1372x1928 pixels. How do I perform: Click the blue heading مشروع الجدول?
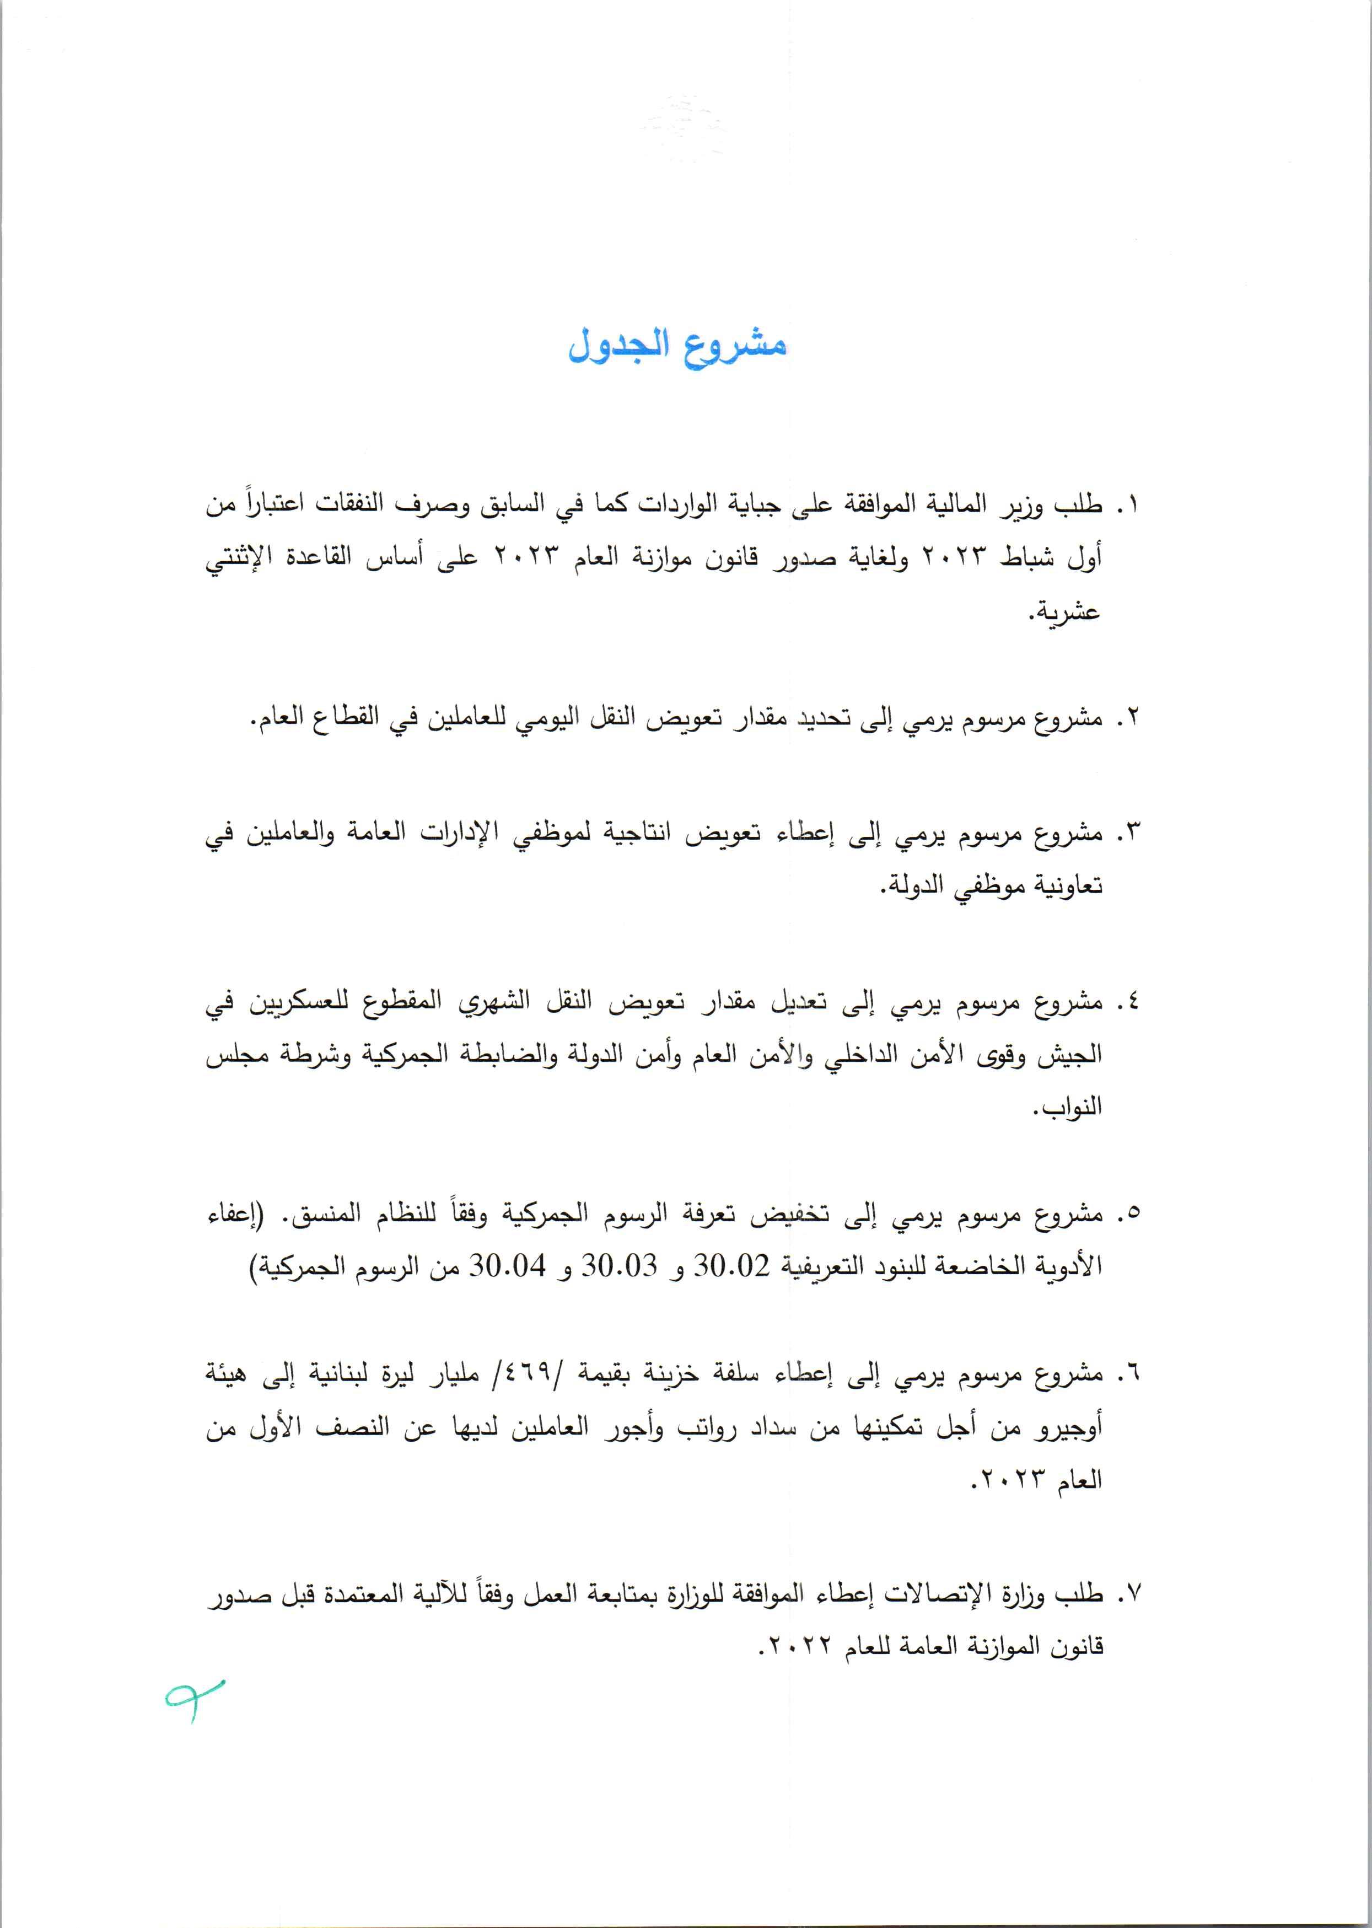[x=677, y=346]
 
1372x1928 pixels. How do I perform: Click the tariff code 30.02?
[x=731, y=1268]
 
